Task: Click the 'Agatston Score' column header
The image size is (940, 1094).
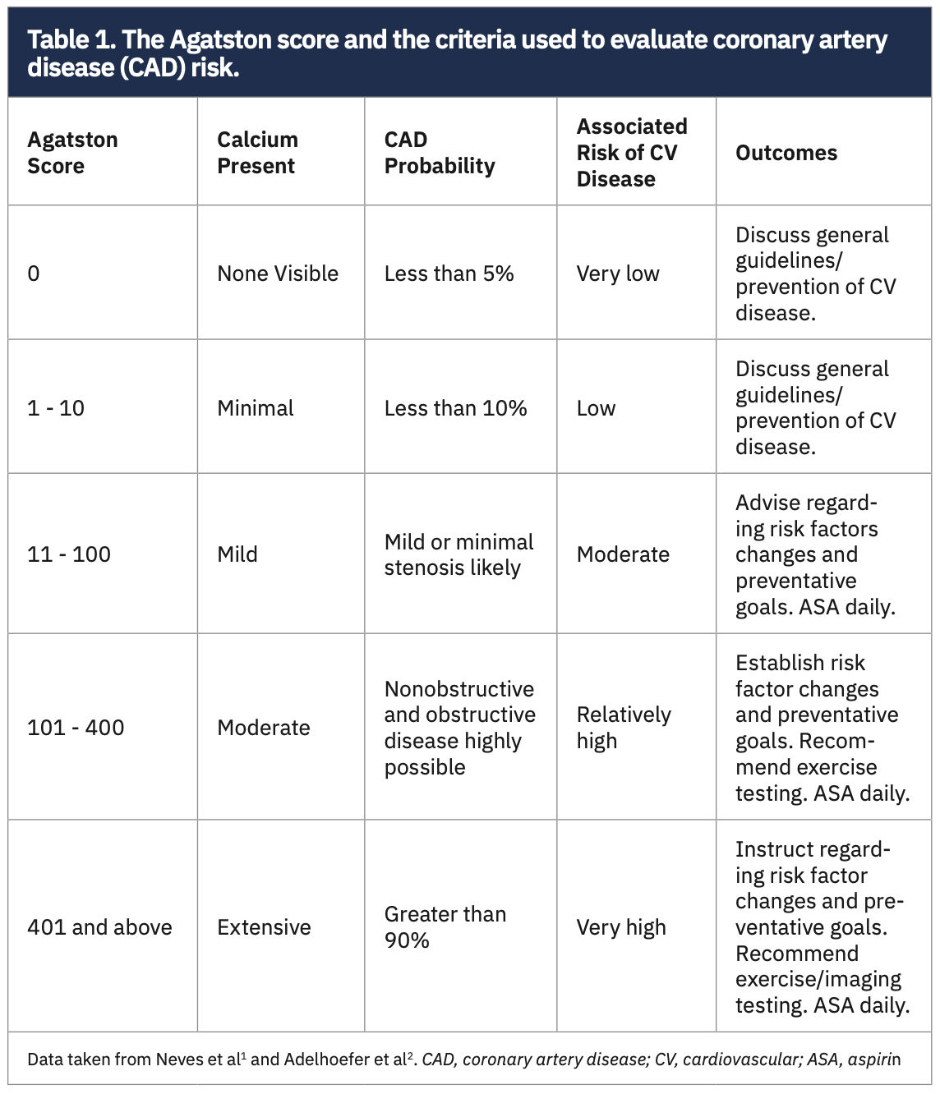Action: click(x=72, y=153)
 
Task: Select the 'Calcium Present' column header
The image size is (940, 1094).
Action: click(x=257, y=153)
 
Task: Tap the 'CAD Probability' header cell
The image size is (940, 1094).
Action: click(x=440, y=153)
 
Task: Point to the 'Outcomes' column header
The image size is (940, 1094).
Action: click(x=786, y=153)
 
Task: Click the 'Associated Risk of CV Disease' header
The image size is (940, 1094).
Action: click(x=631, y=153)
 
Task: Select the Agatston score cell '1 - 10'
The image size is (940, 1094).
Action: click(x=56, y=408)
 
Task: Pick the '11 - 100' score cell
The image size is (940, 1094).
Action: click(x=69, y=554)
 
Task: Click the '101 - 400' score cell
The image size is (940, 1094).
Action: click(x=76, y=728)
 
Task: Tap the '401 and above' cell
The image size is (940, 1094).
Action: click(x=99, y=927)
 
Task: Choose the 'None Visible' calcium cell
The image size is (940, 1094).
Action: click(x=278, y=273)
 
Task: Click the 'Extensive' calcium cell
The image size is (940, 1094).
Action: click(x=264, y=927)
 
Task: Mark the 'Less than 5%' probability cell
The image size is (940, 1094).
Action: click(x=449, y=273)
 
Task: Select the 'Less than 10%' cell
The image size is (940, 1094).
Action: click(x=455, y=408)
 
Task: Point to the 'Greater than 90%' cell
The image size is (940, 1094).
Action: click(x=445, y=927)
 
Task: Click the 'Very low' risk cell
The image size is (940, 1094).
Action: click(x=618, y=273)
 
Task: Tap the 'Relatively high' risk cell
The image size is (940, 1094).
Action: click(x=623, y=728)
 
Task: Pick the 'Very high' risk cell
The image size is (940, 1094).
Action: click(x=621, y=927)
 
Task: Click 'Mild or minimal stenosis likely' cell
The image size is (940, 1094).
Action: click(x=458, y=554)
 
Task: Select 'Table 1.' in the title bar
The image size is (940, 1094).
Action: click(x=71, y=40)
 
